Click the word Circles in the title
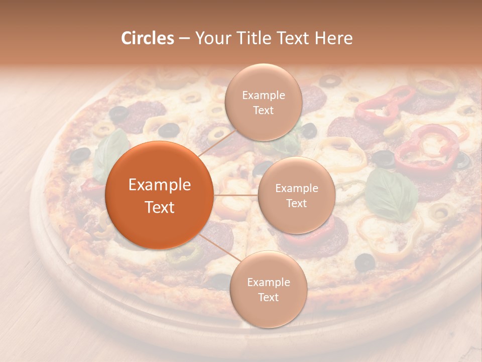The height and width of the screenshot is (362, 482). click(x=148, y=38)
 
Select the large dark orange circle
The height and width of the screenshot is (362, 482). click(x=160, y=195)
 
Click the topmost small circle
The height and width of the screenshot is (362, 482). click(x=263, y=102)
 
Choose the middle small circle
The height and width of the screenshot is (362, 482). click(x=296, y=195)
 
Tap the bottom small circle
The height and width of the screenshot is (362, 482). click(x=268, y=289)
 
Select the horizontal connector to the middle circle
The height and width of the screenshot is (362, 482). click(x=236, y=195)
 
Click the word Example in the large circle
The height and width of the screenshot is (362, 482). click(x=160, y=185)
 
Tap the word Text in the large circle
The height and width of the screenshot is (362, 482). click(x=160, y=207)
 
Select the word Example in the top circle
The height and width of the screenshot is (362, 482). click(x=263, y=96)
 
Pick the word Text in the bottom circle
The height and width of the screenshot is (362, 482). click(x=268, y=297)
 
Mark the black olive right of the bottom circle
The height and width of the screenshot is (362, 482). click(x=365, y=261)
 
